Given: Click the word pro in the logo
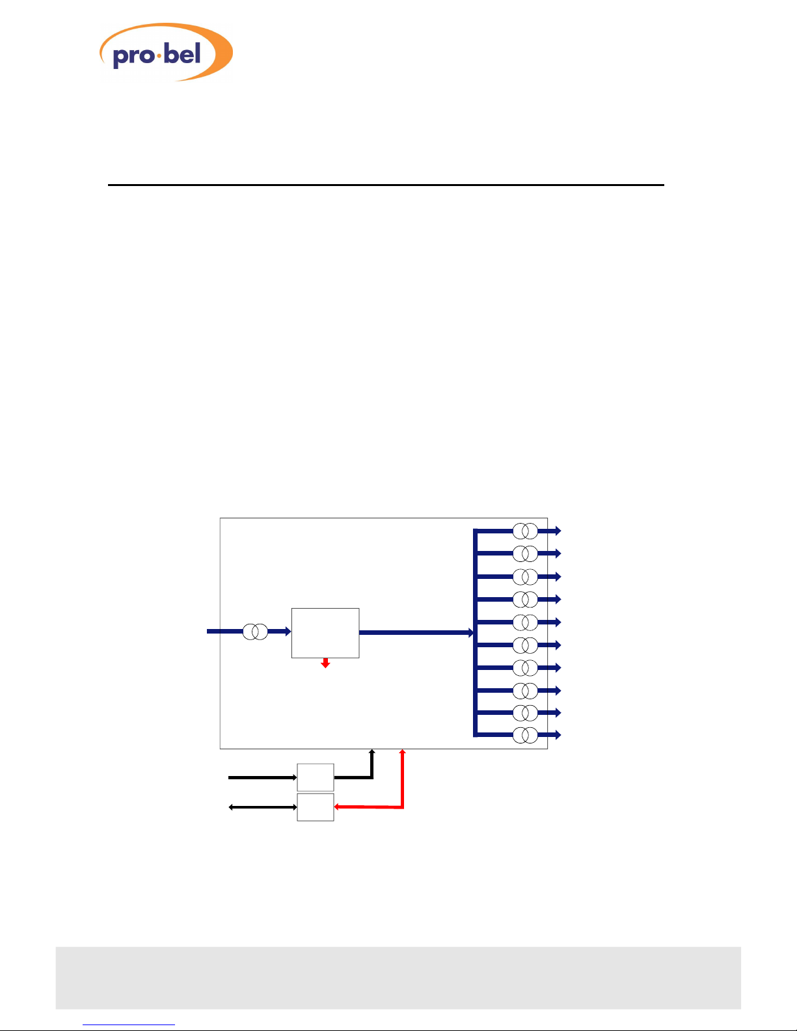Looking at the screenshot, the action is (x=132, y=56).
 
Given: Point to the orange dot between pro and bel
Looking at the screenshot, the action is (x=157, y=57).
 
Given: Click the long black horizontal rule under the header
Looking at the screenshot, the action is (x=385, y=185).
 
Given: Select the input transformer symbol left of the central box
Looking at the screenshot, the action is (x=255, y=632).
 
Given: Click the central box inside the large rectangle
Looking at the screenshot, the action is (x=325, y=633).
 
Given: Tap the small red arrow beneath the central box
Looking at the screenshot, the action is (x=325, y=663).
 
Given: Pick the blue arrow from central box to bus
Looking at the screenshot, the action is (x=416, y=632).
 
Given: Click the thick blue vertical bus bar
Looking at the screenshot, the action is (x=476, y=633).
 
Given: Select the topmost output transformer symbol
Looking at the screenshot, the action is (x=525, y=531).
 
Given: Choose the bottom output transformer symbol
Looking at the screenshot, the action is (x=525, y=736).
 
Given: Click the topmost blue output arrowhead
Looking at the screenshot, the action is (x=557, y=531).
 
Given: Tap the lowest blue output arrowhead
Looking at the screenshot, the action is (x=557, y=735).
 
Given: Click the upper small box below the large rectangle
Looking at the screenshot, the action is (x=316, y=777).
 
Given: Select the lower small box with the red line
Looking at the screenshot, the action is (x=316, y=807).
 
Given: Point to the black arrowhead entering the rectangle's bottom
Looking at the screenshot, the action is (x=372, y=753).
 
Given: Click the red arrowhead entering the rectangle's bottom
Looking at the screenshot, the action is (x=403, y=753).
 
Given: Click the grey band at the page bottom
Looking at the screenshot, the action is (x=398, y=978).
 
